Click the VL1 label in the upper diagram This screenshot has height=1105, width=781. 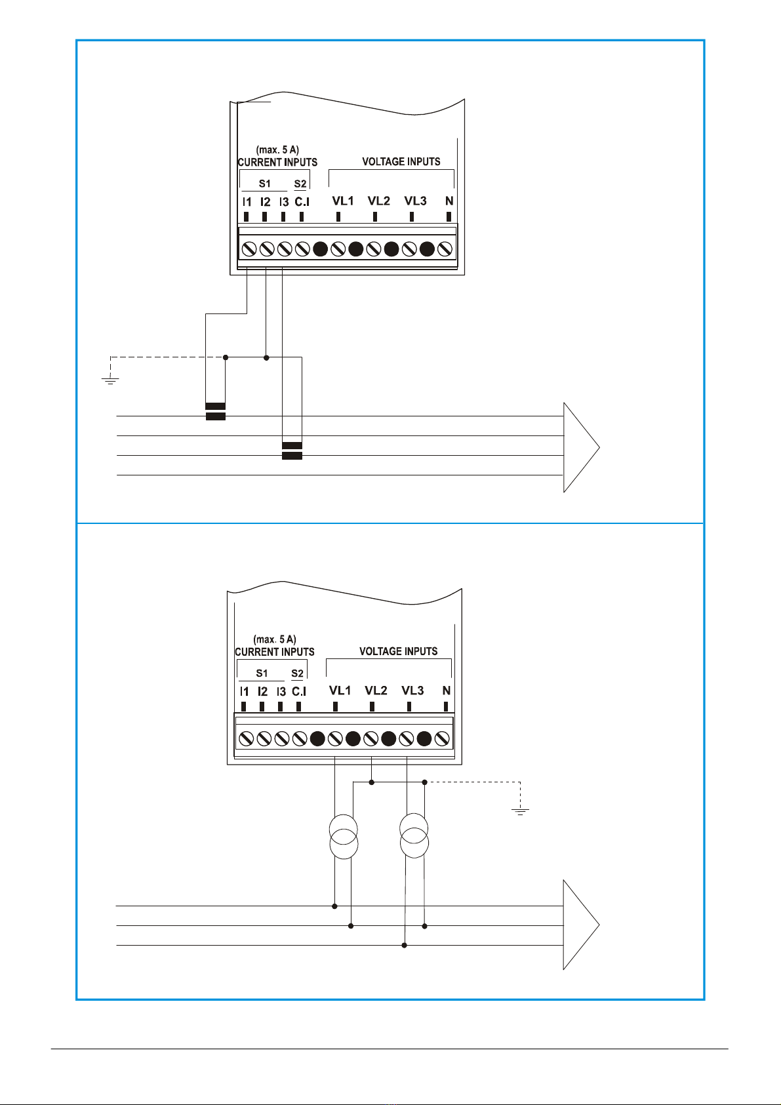coord(343,201)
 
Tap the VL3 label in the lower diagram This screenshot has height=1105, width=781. coord(412,691)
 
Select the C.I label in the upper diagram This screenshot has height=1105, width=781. coord(302,202)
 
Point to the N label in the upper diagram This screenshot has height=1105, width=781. coord(449,201)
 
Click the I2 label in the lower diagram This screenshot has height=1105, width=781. coord(262,692)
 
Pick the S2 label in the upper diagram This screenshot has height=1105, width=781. coord(300,184)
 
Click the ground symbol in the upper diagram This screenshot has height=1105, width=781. coord(110,380)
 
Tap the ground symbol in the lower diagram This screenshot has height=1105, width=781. coord(520,811)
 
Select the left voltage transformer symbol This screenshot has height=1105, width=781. coord(344,837)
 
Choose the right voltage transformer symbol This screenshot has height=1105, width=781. coord(414,835)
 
